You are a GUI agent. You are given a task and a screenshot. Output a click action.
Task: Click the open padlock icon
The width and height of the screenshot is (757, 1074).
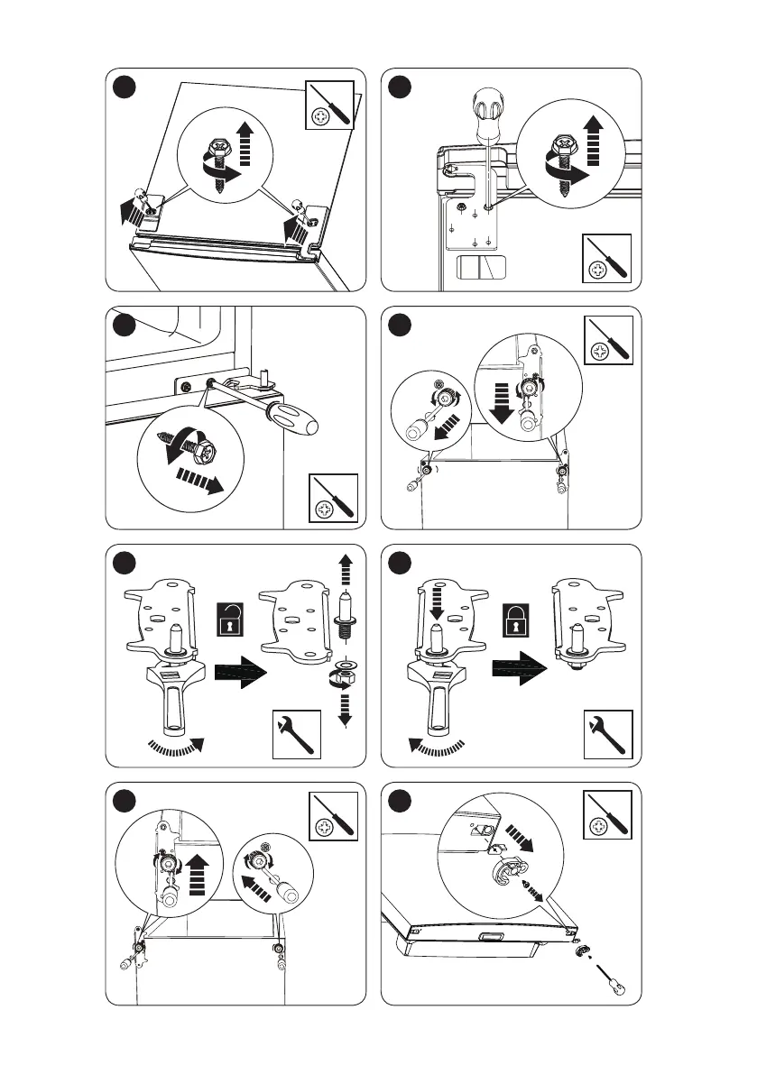[229, 623]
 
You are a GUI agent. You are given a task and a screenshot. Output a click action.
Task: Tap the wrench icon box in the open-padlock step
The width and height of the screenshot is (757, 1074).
[296, 735]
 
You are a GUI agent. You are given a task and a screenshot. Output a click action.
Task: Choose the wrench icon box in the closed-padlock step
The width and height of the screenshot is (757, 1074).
[608, 735]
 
